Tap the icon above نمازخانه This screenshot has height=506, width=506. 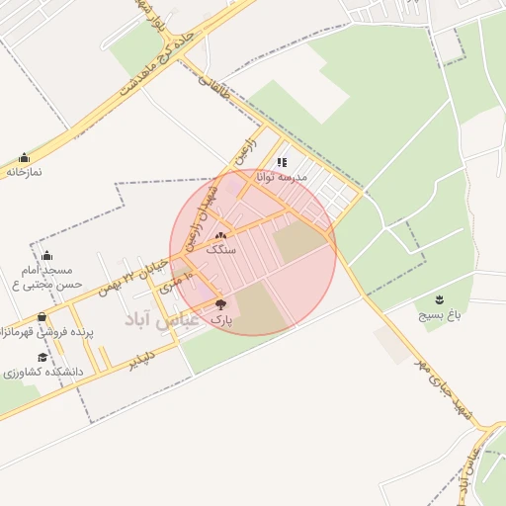[x=25, y=157]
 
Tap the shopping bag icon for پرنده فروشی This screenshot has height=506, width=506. [x=42, y=318]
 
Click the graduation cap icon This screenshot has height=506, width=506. [x=42, y=357]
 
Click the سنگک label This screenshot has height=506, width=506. [x=221, y=251]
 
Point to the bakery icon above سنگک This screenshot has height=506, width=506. [x=220, y=236]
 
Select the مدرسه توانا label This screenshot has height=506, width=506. [x=282, y=177]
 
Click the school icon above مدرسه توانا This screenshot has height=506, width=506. [x=282, y=162]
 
